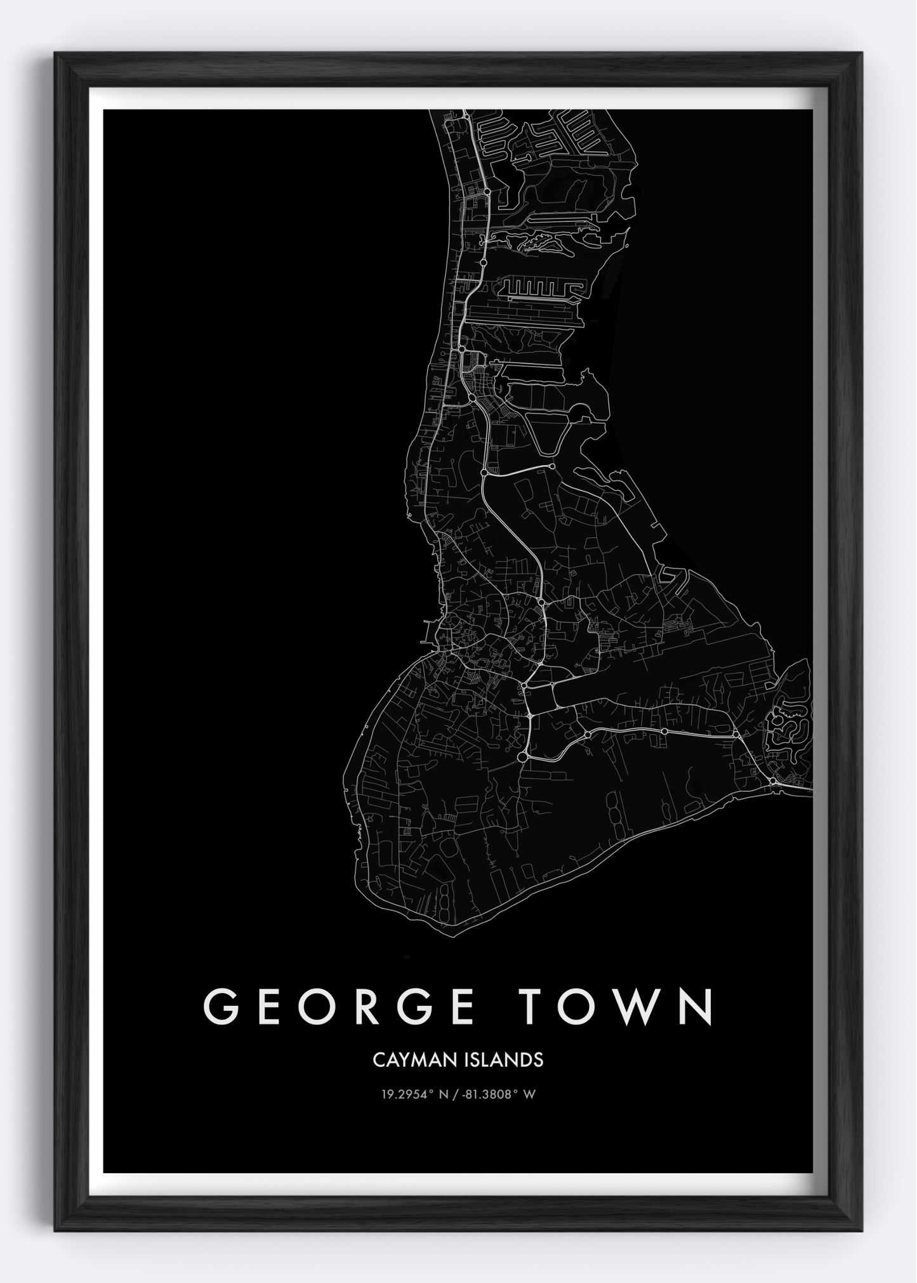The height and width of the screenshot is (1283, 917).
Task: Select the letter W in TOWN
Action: point(637,1006)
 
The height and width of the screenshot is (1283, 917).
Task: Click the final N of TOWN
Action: point(697,1006)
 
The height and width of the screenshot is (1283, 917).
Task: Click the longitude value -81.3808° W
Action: point(500,1095)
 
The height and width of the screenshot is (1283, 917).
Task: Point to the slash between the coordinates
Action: point(458,1095)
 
